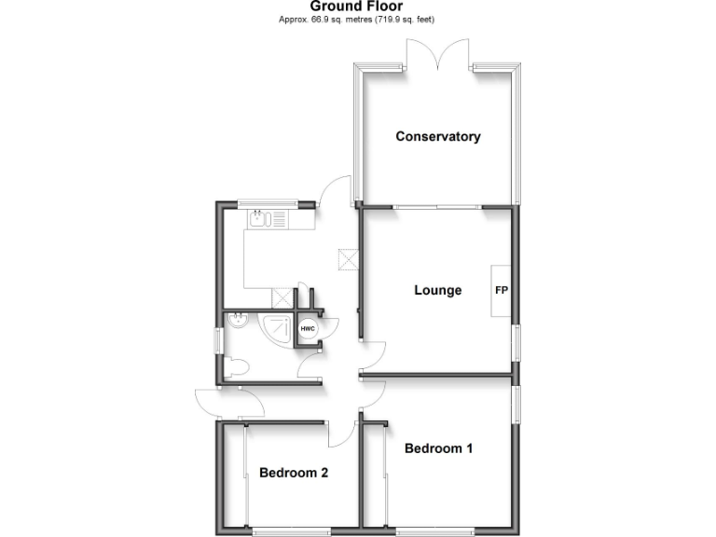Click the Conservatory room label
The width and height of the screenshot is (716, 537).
tap(438, 137)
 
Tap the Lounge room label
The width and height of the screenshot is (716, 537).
tap(438, 290)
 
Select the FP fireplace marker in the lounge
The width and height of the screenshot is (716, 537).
tap(501, 290)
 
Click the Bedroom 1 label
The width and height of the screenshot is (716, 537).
tap(438, 448)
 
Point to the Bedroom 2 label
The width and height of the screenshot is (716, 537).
tap(294, 473)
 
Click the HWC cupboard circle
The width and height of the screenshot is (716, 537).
tap(308, 329)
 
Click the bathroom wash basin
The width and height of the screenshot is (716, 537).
tap(238, 323)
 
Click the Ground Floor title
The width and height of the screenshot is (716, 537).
tap(357, 6)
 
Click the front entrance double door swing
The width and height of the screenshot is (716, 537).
tap(228, 403)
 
